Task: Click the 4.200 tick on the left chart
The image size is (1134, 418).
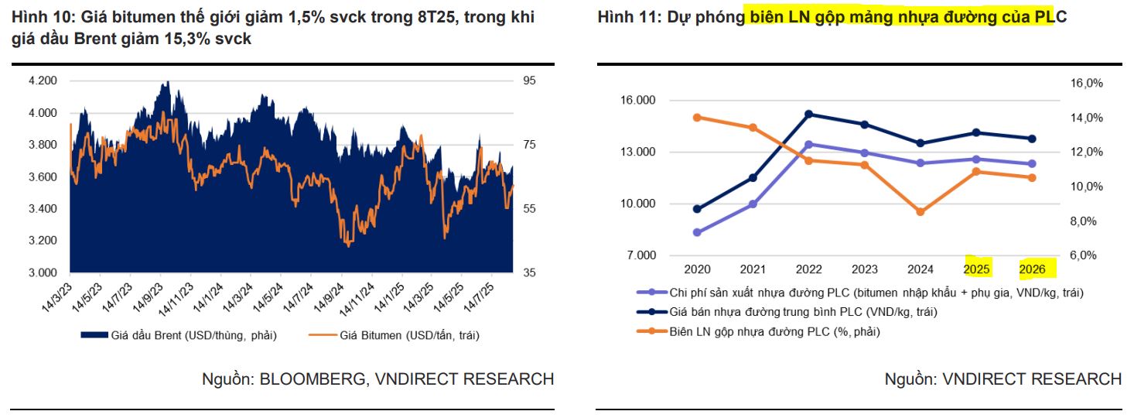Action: click(x=43, y=81)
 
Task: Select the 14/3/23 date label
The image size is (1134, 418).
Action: click(x=56, y=295)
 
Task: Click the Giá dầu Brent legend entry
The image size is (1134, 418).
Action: click(x=178, y=335)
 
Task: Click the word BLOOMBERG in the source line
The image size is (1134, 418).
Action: click(x=306, y=379)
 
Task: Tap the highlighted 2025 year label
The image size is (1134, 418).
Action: click(x=976, y=269)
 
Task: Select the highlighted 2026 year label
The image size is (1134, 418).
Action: click(x=1032, y=269)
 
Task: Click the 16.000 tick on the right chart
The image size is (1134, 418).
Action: click(x=638, y=100)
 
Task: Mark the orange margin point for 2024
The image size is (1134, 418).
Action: click(x=921, y=211)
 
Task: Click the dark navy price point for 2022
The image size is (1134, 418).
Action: click(x=808, y=114)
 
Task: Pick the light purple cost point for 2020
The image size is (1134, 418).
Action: click(x=697, y=232)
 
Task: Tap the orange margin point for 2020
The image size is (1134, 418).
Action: click(x=697, y=118)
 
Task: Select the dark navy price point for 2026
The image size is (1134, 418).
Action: click(x=1032, y=139)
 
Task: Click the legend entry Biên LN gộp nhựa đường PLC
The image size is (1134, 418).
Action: click(x=758, y=331)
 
